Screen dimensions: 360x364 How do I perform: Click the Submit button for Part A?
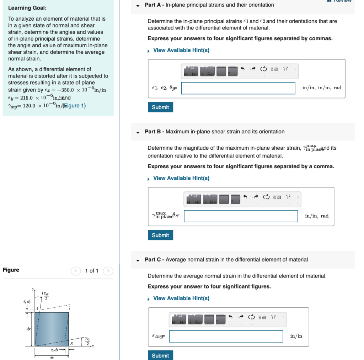160,107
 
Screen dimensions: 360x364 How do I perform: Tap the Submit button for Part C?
160,355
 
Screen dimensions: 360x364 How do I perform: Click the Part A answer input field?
238,88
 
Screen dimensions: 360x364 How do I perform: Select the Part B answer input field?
241,216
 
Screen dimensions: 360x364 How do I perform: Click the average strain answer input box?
226,336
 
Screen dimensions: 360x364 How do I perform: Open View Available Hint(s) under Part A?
181,50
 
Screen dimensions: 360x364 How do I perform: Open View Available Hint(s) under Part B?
181,178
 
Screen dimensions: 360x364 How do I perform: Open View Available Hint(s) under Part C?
181,298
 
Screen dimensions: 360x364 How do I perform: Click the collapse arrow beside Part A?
138,5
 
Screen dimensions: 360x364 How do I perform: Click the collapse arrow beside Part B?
138,132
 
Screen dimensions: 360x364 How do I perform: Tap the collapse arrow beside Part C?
138,260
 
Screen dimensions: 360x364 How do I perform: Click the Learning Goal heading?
27,8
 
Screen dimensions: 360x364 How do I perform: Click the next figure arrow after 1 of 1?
108,271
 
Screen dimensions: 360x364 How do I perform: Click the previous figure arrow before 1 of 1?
76,271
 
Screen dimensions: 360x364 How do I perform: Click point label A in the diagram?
36,309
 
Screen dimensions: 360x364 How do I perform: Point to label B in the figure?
71,343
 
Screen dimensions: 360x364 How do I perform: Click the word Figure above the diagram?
11,270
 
